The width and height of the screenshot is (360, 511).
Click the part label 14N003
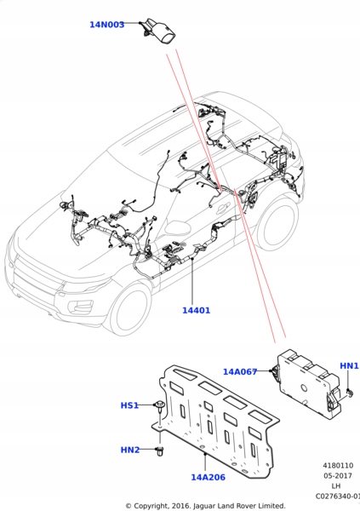pyautogui.click(x=107, y=25)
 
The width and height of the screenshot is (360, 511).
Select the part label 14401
pyautogui.click(x=196, y=310)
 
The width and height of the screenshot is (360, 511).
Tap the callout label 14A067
pyautogui.click(x=240, y=371)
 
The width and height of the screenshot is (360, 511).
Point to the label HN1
pyautogui.click(x=349, y=365)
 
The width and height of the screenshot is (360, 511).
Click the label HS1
pyautogui.click(x=129, y=405)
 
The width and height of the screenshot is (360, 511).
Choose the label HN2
pyautogui.click(x=130, y=450)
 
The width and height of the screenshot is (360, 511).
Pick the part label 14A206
pyautogui.click(x=208, y=477)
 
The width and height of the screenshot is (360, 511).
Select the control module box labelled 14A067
pyautogui.click(x=308, y=383)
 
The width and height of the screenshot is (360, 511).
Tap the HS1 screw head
pyautogui.click(x=160, y=405)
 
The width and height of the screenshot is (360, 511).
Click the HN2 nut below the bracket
pyautogui.click(x=160, y=451)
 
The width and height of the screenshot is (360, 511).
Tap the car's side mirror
pyautogui.click(x=178, y=227)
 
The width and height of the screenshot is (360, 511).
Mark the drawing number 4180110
pyautogui.click(x=338, y=465)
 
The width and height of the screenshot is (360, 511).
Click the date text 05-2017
pyautogui.click(x=338, y=475)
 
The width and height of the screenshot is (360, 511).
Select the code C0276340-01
pyautogui.click(x=338, y=496)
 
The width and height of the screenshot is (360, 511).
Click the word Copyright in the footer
pyautogui.click(x=150, y=506)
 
